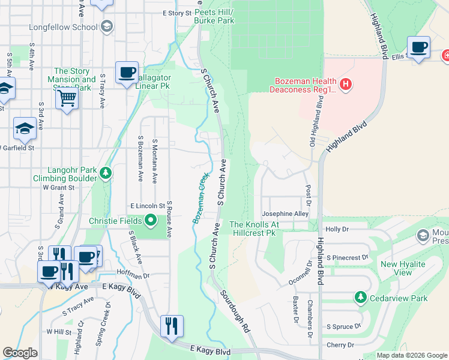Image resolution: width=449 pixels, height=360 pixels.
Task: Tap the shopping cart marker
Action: click(67, 97)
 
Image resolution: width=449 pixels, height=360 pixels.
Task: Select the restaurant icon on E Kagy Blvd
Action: click(172, 326)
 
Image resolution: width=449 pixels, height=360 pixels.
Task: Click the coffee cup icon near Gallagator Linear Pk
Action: click(127, 73)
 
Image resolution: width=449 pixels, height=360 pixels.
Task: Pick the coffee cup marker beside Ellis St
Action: click(418, 47)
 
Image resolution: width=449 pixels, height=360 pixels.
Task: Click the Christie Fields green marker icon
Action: click(150, 221)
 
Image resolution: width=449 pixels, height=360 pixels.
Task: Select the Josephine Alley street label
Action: click(285, 214)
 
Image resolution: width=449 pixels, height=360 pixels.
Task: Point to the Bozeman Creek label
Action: click(200, 199)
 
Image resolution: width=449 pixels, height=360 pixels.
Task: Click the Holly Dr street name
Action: click(337, 229)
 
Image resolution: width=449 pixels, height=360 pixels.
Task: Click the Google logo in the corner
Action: click(20, 353)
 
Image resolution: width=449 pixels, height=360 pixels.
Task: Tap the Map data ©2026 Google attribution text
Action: click(412, 355)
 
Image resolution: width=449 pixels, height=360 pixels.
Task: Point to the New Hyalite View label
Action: click(404, 268)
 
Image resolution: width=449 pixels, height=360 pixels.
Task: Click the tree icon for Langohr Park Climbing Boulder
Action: click(106, 174)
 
